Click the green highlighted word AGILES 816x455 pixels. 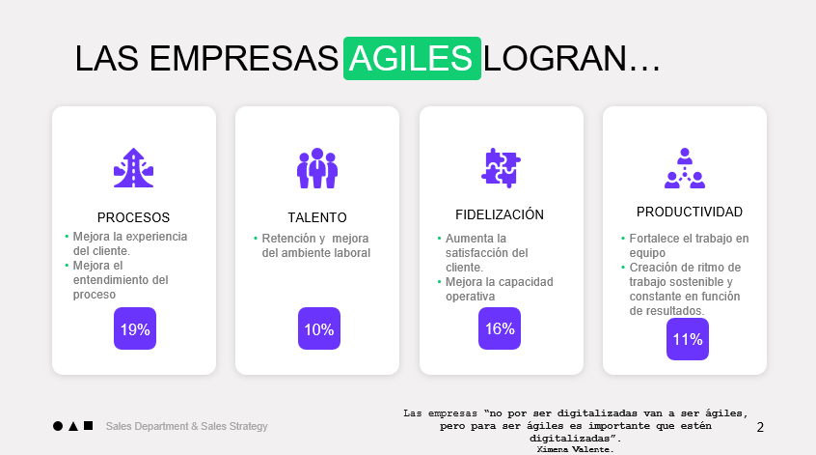pos(412,58)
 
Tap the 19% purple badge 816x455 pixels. pos(135,328)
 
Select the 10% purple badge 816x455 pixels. pos(319,328)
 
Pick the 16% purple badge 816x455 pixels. pos(500,328)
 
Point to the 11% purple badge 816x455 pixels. pos(688,339)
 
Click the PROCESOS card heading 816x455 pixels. pos(134,217)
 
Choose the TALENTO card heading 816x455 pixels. pos(317,217)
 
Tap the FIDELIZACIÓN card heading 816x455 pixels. pos(500,214)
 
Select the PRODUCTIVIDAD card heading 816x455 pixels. pos(690,212)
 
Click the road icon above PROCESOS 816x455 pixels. pos(134,168)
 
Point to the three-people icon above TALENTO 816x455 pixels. pos(317,168)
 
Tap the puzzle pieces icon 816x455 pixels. pos(501,168)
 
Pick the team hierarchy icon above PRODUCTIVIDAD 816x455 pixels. pos(685,168)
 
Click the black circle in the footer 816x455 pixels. pos(58,426)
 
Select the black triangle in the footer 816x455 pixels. pos(73,426)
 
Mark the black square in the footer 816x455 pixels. pos(89,425)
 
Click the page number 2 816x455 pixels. pos(760,427)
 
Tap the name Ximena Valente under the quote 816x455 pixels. pos(575,449)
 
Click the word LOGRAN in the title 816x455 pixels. pos(556,58)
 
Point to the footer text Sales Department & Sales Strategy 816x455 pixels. pos(187,426)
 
